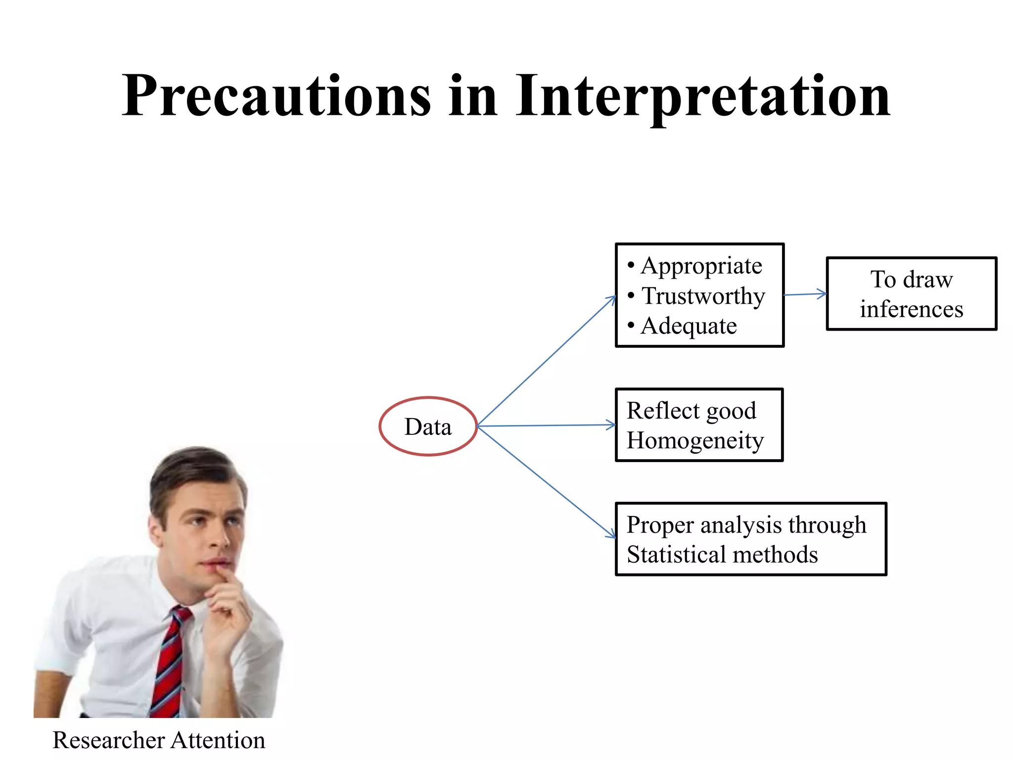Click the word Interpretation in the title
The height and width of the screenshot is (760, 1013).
click(702, 96)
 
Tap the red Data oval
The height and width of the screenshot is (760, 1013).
click(428, 427)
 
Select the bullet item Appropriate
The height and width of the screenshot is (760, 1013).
click(701, 266)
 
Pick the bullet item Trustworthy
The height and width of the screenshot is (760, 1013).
click(703, 296)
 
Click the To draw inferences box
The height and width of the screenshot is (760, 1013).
click(911, 294)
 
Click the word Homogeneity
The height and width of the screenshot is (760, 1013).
click(695, 441)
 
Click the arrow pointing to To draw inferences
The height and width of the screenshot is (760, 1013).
click(805, 294)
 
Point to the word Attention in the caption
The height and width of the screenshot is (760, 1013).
click(218, 741)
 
